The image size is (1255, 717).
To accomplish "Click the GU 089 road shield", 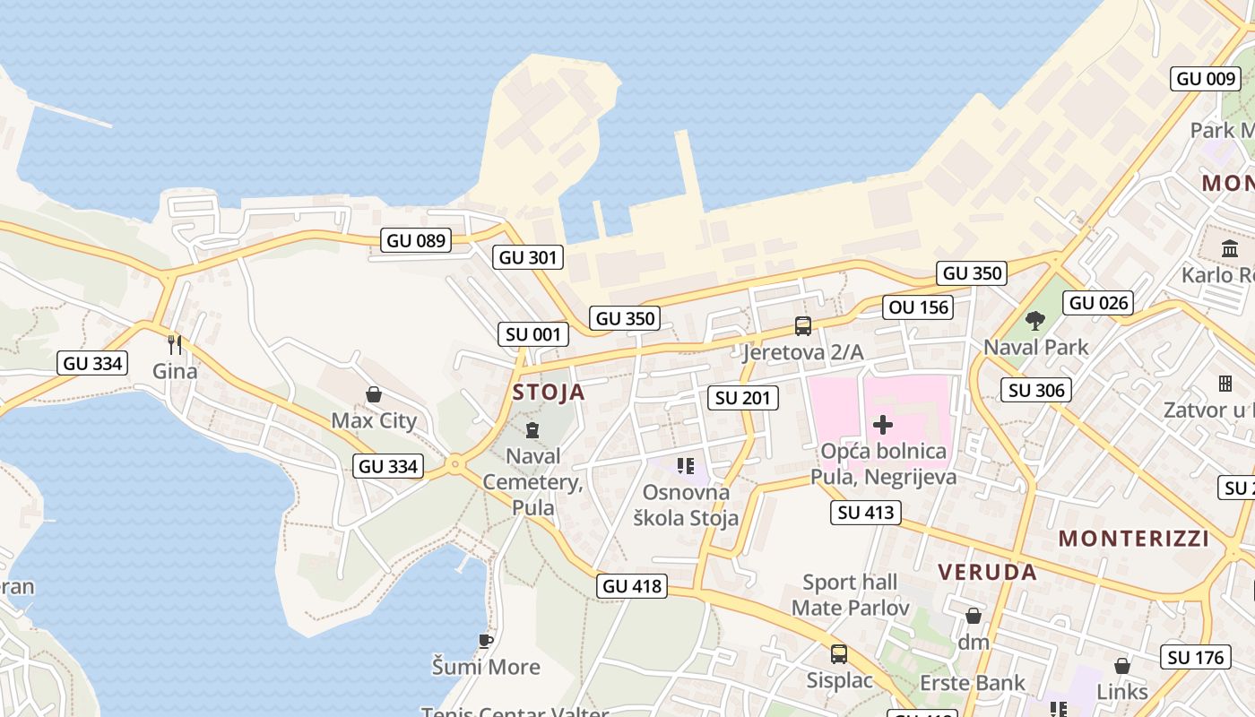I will [416, 240].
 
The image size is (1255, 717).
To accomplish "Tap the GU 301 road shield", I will [528, 257].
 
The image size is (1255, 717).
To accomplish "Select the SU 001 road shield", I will [533, 334].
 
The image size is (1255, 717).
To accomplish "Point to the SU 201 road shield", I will [743, 397].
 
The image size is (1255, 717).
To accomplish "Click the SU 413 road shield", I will [865, 512].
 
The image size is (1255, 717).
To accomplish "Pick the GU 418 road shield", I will [632, 586].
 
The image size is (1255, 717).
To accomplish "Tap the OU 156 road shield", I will [919, 307].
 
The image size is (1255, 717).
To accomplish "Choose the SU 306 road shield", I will [1036, 389].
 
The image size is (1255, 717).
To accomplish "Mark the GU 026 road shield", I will [1099, 303].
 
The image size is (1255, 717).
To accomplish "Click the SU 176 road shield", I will [1196, 657].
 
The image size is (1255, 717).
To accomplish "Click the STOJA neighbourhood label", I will [549, 392].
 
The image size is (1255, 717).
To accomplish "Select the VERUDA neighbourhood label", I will [987, 572].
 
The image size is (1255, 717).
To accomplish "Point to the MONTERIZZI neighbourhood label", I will [1134, 539].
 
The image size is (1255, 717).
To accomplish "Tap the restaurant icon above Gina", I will [175, 344].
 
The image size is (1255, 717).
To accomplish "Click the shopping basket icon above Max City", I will [374, 394].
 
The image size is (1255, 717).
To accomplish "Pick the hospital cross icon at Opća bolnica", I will [883, 425].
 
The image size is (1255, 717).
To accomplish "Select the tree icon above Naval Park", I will [1035, 320].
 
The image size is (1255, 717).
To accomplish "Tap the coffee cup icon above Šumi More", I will [486, 641].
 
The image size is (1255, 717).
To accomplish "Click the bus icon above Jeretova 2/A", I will [802, 326].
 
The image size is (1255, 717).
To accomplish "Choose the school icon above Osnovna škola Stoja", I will [686, 465].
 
